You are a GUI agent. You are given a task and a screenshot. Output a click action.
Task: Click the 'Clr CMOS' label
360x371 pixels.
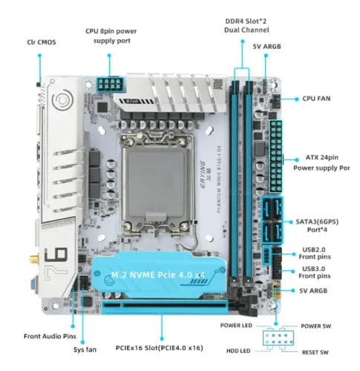(39, 42)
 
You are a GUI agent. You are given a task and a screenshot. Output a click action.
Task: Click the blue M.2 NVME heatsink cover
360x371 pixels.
(160, 275)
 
